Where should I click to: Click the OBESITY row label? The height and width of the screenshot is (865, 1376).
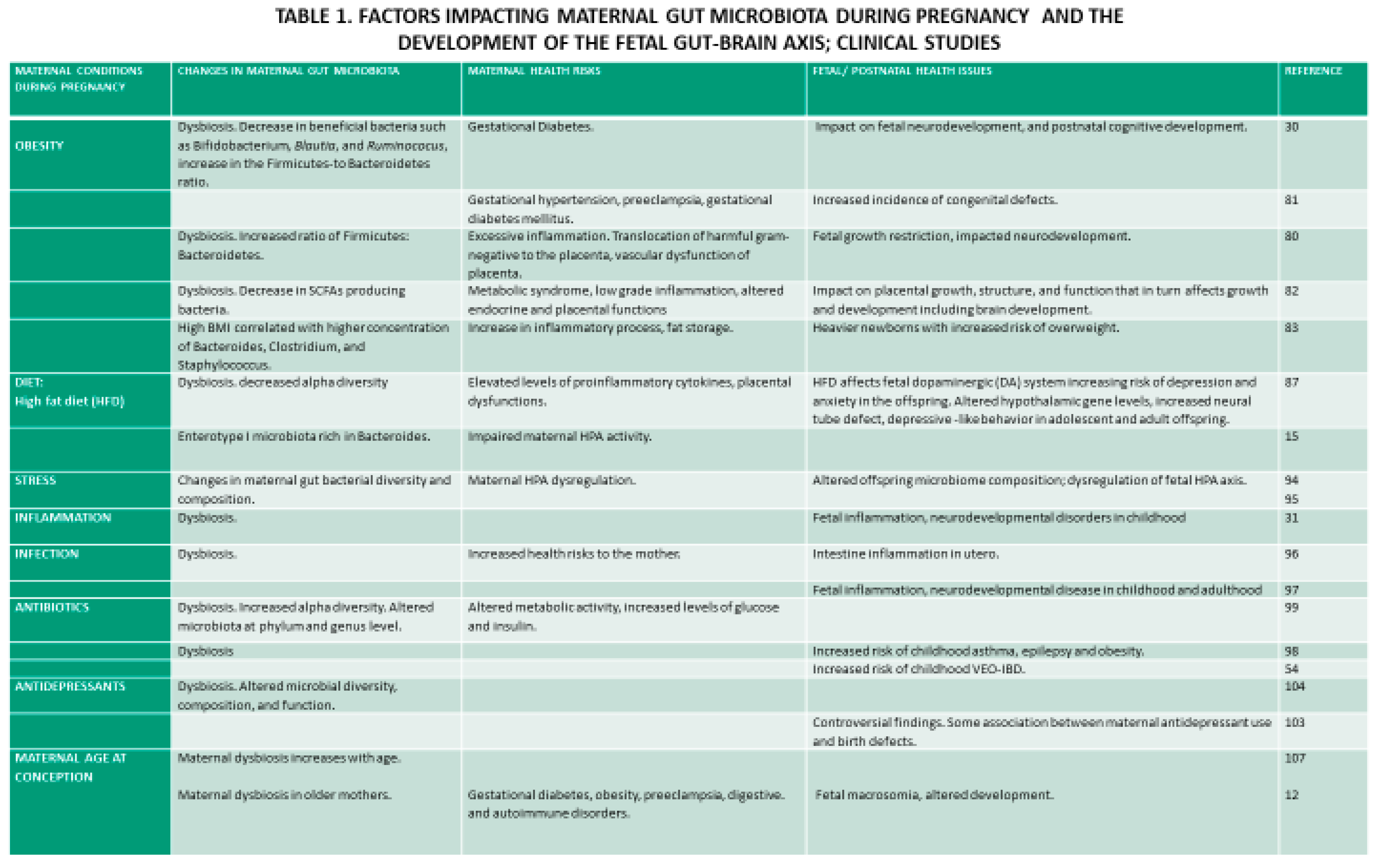tap(39, 146)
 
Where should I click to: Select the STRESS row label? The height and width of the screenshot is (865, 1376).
tap(35, 480)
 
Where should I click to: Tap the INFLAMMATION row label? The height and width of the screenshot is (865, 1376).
tap(63, 518)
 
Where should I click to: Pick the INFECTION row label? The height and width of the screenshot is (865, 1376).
tap(46, 554)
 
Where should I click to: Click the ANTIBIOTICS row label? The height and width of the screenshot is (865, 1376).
tap(52, 607)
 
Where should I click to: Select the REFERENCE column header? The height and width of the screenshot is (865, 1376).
tap(1312, 71)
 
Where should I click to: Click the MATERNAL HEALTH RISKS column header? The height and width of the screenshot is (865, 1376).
tap(534, 71)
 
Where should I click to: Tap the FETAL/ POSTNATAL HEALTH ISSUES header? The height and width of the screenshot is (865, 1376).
tap(902, 71)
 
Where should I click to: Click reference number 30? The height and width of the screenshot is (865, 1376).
tap(1291, 127)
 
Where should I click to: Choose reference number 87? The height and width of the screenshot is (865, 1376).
tap(1291, 382)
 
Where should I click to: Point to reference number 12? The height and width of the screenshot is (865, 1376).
tap(1291, 794)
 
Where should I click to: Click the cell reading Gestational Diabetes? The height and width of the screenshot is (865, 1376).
tap(530, 127)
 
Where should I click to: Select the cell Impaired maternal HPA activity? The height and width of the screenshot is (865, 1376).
tap(559, 437)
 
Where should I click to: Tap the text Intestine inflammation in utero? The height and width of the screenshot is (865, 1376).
tap(905, 554)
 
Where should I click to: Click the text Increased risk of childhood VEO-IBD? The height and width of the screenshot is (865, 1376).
tap(918, 668)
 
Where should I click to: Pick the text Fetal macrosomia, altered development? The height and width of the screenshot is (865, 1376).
tap(934, 794)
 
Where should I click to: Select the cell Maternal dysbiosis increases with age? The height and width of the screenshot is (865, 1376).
tap(289, 758)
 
